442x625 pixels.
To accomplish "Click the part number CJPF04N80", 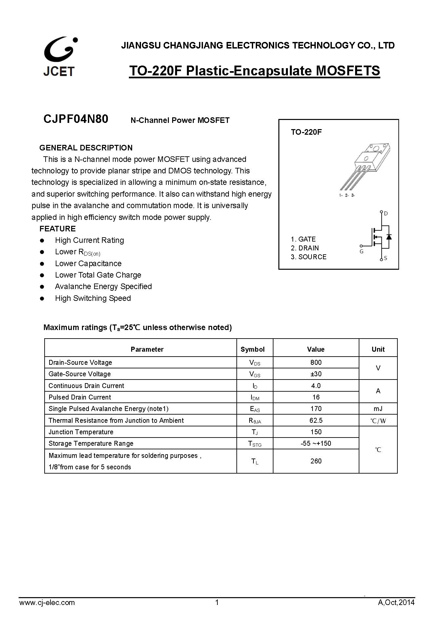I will tap(76, 119).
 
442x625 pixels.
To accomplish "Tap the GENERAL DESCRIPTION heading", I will tap(86, 148).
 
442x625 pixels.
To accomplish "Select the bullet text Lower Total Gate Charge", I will tap(98, 275).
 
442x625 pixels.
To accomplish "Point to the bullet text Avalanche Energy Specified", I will tap(103, 286).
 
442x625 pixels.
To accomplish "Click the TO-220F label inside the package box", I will tap(306, 132).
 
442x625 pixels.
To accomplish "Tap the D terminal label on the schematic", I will tap(386, 214).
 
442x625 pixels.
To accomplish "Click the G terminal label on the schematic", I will tap(362, 252).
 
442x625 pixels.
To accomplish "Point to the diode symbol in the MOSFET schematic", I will tap(389, 237).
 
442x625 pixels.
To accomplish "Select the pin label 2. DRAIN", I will tap(305, 248).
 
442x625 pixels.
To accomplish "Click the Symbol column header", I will tap(252, 349).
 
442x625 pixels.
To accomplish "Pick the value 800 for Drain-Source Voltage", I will tap(316, 362).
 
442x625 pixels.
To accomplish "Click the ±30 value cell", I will tap(316, 374).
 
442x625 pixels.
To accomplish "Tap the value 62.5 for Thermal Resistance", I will tap(316, 420).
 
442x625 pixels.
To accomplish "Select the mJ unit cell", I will tap(378, 409).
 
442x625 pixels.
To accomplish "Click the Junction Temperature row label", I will tap(81, 432).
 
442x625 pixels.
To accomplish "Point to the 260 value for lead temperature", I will tap(316, 461).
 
